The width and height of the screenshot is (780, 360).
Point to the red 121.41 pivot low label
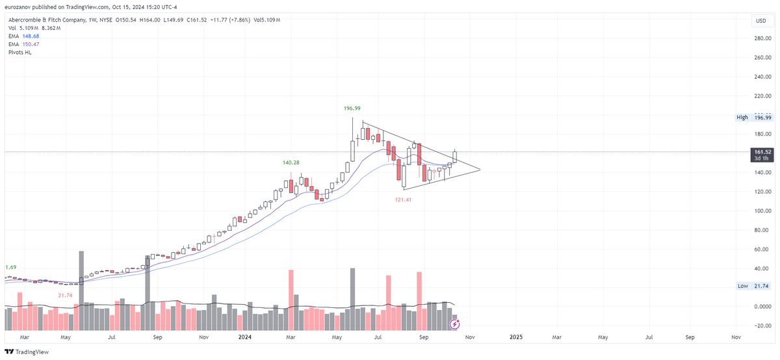(x=404, y=199)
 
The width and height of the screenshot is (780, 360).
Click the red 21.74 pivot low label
(x=65, y=295)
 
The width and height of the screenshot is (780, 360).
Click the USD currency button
(x=760, y=21)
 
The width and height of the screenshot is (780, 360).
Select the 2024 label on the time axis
(x=246, y=337)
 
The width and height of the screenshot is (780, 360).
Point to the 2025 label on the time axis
(x=515, y=337)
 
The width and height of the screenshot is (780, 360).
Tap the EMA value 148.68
(x=31, y=36)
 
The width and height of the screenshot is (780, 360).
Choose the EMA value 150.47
(x=31, y=44)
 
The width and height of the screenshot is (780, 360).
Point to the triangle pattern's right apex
(x=480, y=170)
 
